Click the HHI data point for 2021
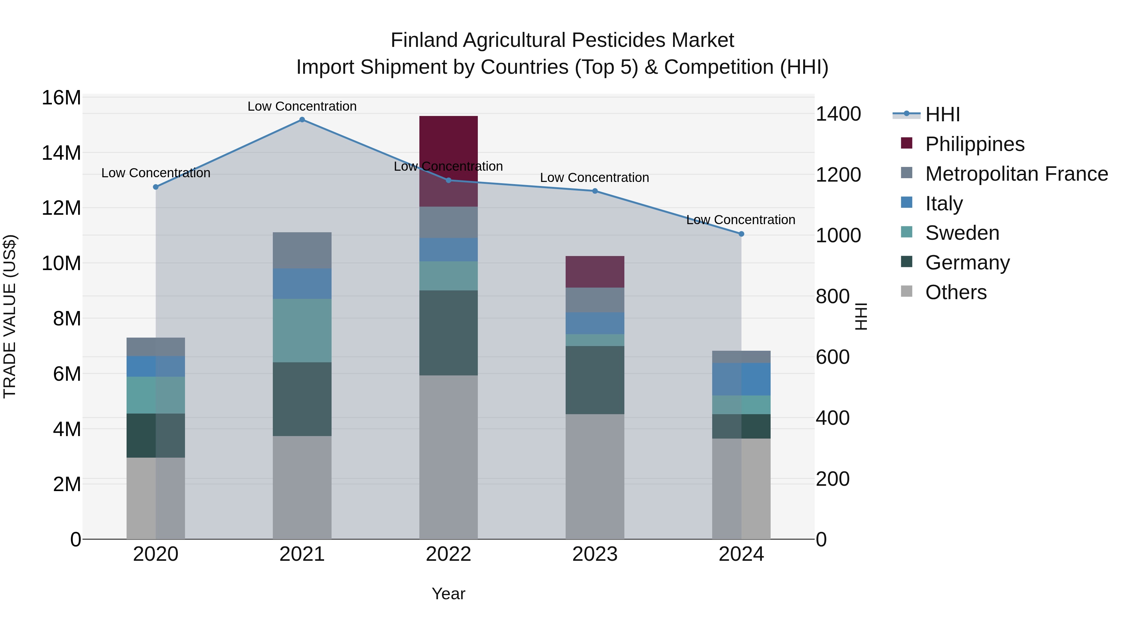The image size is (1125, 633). click(x=302, y=120)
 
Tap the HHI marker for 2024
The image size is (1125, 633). click(x=741, y=234)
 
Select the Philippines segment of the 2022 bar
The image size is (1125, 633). click(x=448, y=144)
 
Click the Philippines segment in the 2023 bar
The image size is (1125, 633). click(x=595, y=272)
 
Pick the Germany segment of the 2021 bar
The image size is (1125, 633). click(x=302, y=399)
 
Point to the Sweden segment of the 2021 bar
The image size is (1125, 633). click(x=302, y=330)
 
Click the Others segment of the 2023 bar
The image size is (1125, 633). click(x=595, y=476)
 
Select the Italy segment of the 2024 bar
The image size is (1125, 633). click(x=741, y=379)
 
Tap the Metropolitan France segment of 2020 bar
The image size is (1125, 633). click(x=156, y=347)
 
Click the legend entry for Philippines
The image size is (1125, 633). click(x=974, y=144)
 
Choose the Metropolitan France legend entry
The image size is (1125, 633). click(x=1016, y=174)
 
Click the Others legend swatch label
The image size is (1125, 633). click(x=956, y=292)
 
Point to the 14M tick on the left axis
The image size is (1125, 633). click(x=61, y=153)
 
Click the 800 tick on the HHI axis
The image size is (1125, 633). click(x=832, y=296)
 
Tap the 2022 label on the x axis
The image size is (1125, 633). click(x=448, y=554)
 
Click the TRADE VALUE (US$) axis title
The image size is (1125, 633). click(x=10, y=316)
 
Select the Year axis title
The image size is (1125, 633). click(x=448, y=594)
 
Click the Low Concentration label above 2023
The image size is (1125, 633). click(x=594, y=178)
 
